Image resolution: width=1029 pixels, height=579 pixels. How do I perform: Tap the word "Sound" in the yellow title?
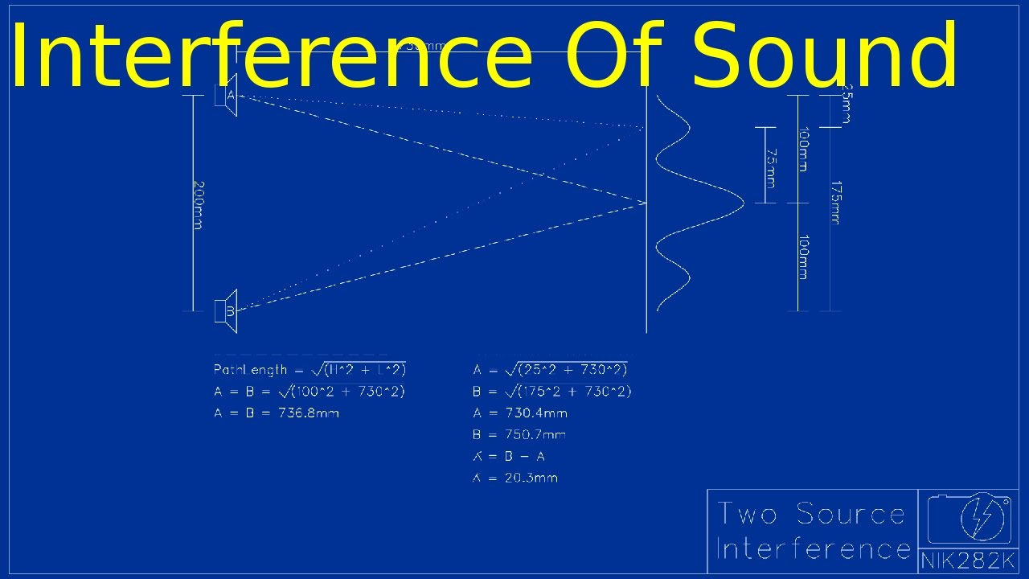pyautogui.click(x=824, y=55)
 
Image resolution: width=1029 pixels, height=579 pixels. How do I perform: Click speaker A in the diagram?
pyautogui.click(x=228, y=95)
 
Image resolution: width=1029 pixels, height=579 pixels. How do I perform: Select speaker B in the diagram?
pyautogui.click(x=228, y=310)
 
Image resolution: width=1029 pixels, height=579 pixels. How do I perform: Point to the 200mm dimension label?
pyautogui.click(x=198, y=204)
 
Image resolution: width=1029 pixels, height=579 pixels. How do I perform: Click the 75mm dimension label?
pyautogui.click(x=769, y=167)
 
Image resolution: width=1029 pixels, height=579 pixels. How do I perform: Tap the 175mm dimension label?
pyautogui.click(x=836, y=202)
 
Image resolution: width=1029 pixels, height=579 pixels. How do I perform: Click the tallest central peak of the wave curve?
pyautogui.click(x=741, y=203)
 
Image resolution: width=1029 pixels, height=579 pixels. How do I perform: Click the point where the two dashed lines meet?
pyautogui.click(x=646, y=203)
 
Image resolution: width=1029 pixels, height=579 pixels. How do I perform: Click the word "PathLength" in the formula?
pyautogui.click(x=250, y=370)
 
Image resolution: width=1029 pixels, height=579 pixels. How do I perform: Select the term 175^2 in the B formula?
pyautogui.click(x=544, y=392)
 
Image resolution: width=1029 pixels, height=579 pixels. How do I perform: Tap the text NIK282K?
pyautogui.click(x=968, y=561)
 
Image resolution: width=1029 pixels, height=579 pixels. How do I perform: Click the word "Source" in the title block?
pyautogui.click(x=851, y=514)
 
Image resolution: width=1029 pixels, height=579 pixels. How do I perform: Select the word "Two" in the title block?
pyautogui.click(x=748, y=514)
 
